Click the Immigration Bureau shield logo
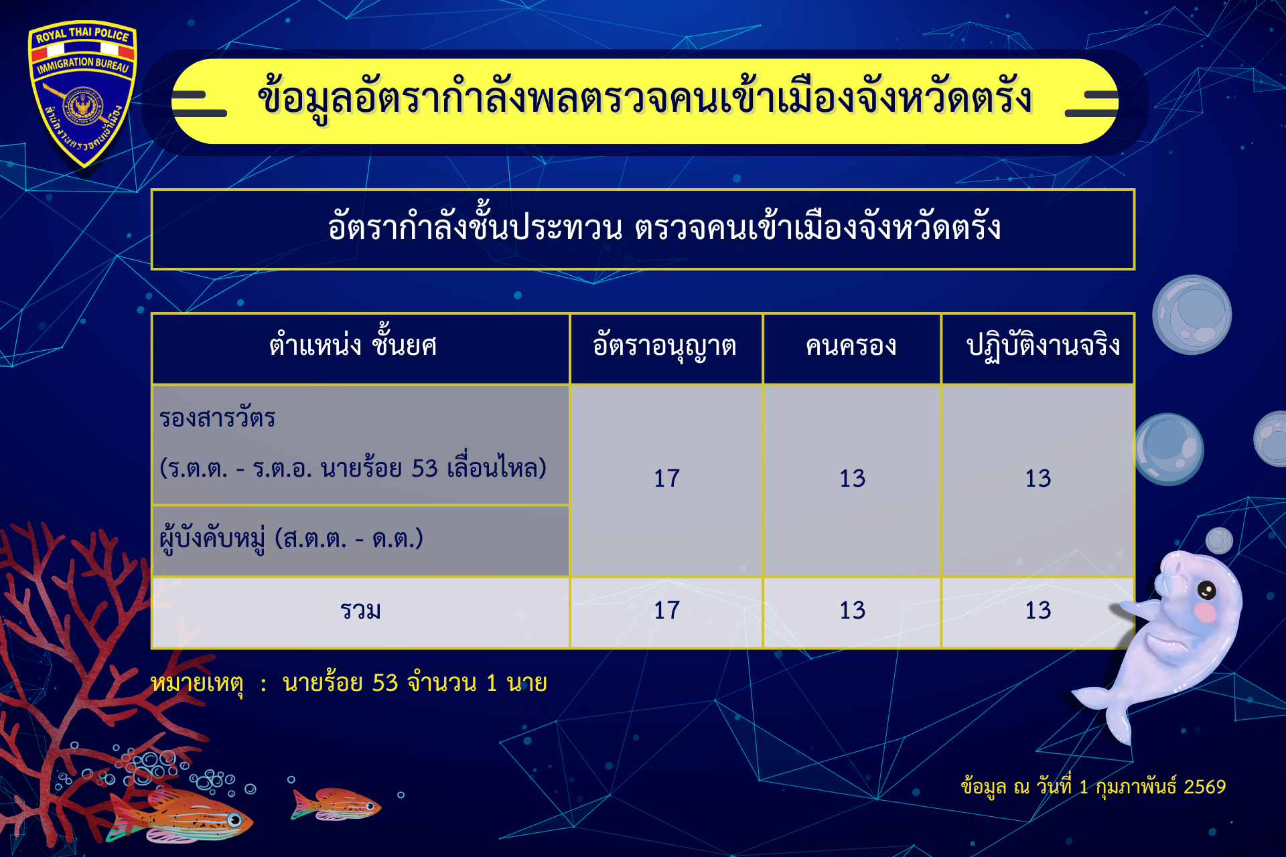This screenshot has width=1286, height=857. [x=82, y=94]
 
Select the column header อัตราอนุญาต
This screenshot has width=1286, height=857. [x=664, y=347]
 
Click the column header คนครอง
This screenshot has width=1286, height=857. [x=851, y=346]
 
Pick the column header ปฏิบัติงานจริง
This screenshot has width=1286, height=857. [x=1043, y=347]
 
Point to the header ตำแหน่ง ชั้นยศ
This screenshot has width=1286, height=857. [x=353, y=345]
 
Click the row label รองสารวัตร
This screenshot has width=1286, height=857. [x=217, y=418]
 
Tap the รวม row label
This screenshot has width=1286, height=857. [x=360, y=611]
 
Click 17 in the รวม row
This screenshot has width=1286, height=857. [x=666, y=611]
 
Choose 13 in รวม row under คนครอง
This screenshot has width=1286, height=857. [x=852, y=611]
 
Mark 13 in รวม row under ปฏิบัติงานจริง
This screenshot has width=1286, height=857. [x=1038, y=611]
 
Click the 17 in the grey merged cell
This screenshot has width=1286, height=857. [x=666, y=479]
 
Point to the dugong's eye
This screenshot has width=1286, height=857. [x=1206, y=591]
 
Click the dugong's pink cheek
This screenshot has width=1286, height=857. [x=1206, y=612]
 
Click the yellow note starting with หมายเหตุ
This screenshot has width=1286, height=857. [x=349, y=684]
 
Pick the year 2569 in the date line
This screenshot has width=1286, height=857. [x=1204, y=787]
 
